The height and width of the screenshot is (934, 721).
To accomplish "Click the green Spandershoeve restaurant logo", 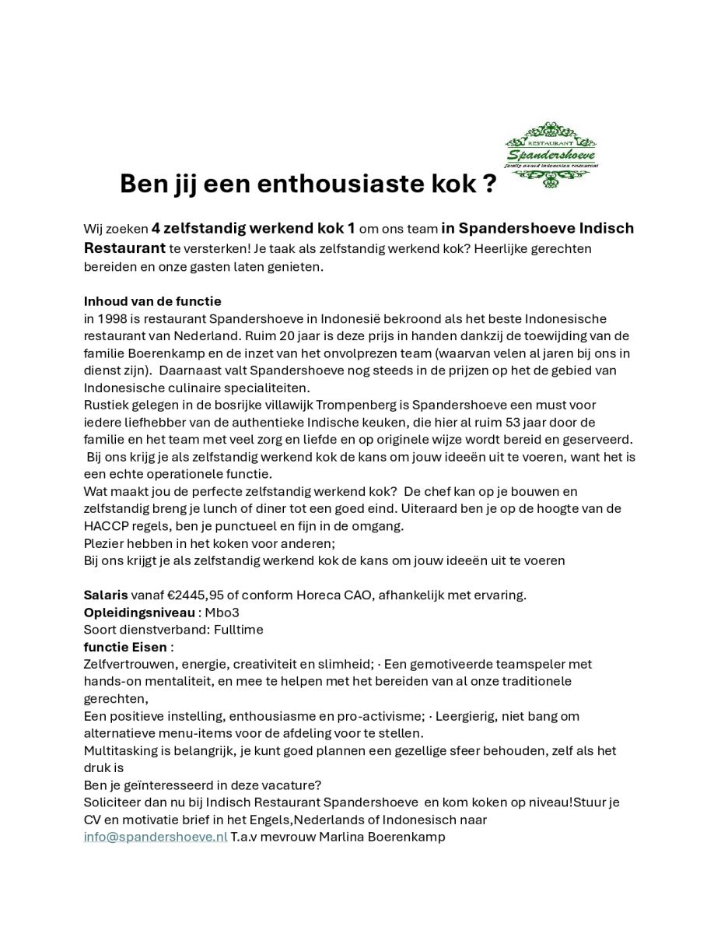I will [x=551, y=155].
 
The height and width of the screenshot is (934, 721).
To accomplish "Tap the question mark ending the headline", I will [x=489, y=184].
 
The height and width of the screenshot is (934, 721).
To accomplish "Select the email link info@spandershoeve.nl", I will [x=156, y=837].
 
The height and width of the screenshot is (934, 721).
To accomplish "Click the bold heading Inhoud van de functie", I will [x=152, y=301].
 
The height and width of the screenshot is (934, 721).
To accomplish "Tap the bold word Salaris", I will [x=106, y=595].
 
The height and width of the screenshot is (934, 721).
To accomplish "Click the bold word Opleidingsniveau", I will [x=139, y=612].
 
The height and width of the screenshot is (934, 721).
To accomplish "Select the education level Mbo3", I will [x=222, y=612].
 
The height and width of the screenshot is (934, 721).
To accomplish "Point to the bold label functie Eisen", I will [x=125, y=647].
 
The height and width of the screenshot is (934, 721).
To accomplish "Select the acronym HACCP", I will [x=107, y=525].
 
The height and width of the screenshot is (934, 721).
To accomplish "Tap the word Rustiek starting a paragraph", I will [x=106, y=405].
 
